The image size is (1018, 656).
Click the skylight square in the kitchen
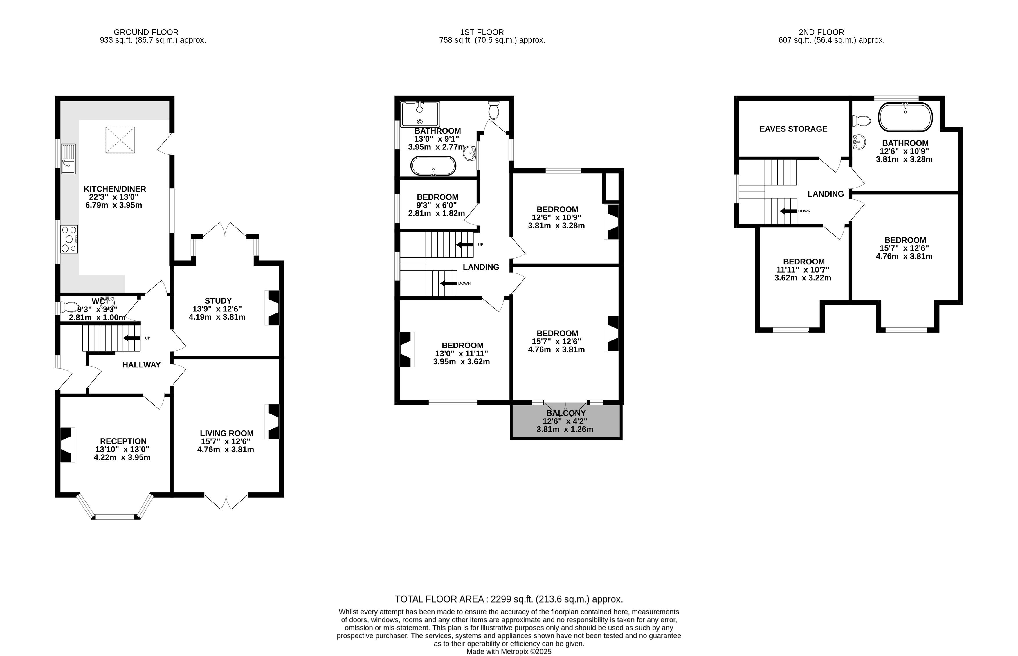120,140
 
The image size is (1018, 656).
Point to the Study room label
218,301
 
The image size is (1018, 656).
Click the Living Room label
227,433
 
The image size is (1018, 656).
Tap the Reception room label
123,441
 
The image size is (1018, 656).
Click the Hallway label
141,365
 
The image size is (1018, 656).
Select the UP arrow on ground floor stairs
131,338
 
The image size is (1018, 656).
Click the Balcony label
566,413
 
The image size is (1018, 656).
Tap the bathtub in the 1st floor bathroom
433,166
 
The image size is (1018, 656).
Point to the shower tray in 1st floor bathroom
420,114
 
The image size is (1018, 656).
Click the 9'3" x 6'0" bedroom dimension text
437,205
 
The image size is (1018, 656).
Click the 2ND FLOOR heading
821,32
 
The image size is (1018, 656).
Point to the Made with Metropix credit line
509,652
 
